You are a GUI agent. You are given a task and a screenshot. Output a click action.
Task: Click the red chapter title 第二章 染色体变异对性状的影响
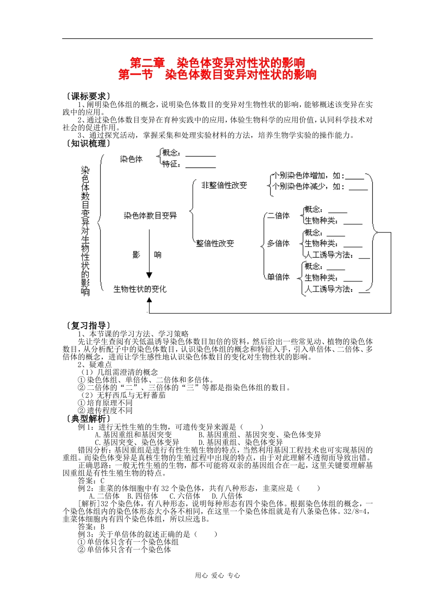pos(217,63)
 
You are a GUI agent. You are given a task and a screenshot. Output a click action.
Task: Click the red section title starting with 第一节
pos(217,74)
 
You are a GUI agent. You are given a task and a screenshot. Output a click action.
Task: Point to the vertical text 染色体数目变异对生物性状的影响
pos(85,230)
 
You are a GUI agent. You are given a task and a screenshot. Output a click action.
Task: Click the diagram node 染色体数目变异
pos(150,216)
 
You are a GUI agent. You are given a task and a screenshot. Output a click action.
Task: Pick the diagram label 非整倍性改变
pos(224,185)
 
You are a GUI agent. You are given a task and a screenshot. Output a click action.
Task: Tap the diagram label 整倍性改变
pos(215,243)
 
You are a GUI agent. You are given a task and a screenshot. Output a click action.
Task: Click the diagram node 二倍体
pos(278,216)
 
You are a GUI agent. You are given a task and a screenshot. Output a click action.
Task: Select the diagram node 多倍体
pos(278,243)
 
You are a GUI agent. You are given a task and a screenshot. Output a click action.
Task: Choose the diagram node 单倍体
pos(278,277)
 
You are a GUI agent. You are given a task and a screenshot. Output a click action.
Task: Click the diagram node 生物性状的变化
pos(140,289)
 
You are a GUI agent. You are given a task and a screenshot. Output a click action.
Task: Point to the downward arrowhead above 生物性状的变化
pos(149,275)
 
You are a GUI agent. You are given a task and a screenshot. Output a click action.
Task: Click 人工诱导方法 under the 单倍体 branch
pos(329,289)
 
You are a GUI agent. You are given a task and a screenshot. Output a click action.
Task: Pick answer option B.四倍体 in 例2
pos(142,496)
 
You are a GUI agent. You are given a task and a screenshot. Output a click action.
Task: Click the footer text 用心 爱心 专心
pos(217,576)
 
